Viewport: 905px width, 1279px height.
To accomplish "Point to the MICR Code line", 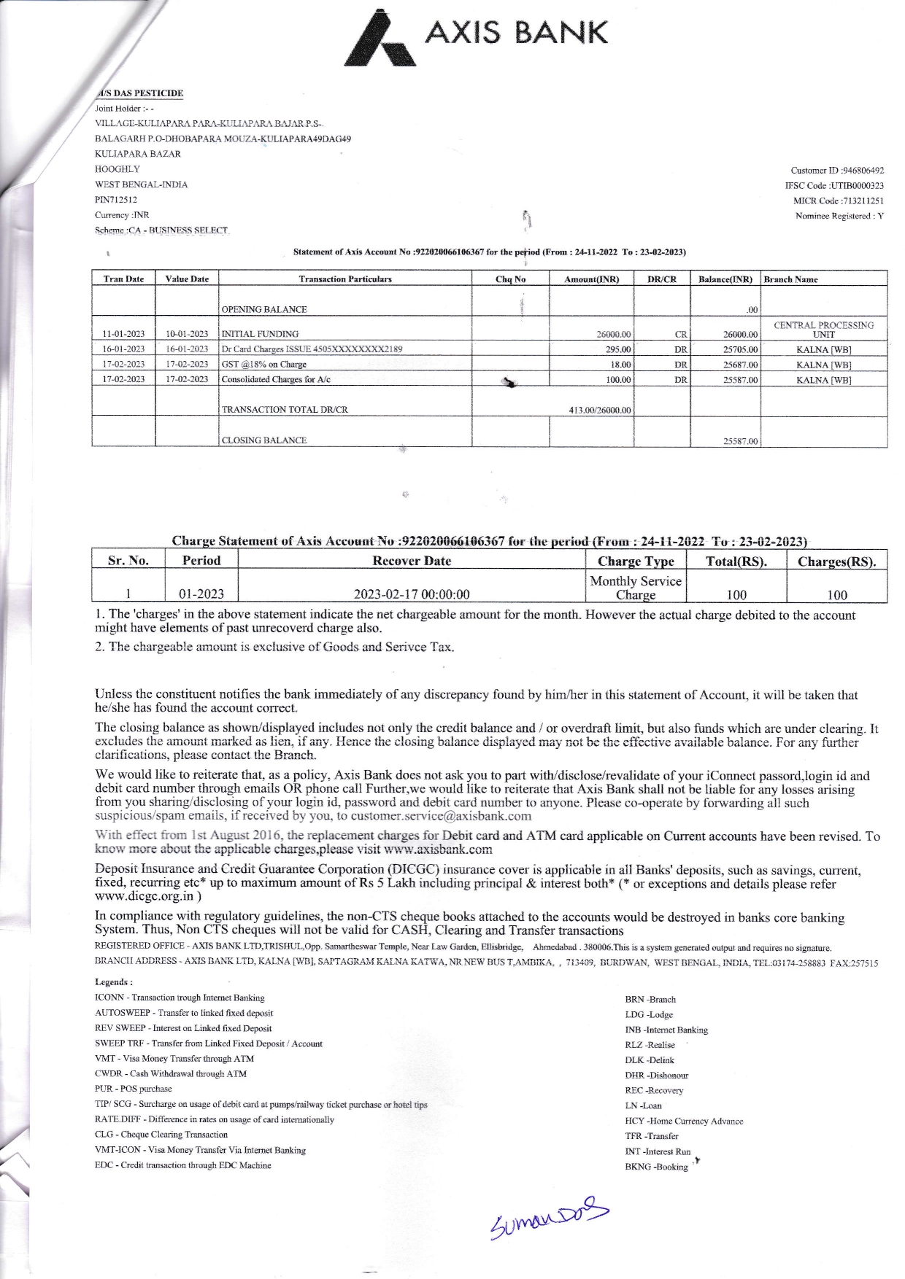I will tap(839, 201).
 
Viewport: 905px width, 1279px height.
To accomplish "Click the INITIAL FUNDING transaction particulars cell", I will tap(260, 334).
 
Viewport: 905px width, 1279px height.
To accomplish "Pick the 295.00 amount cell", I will tap(619, 349).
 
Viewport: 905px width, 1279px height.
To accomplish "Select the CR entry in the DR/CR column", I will tap(680, 335).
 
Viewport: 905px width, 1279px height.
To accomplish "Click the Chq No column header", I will tap(510, 279).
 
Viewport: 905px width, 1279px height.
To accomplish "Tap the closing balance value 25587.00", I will tap(740, 441).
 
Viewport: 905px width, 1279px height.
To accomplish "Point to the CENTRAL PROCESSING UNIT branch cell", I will tap(823, 329).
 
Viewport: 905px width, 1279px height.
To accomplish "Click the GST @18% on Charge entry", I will tap(264, 365).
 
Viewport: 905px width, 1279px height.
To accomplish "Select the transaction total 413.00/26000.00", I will tap(600, 411).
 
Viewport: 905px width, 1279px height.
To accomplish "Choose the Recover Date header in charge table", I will tap(412, 561).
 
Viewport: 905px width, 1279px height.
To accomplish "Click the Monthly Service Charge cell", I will tap(635, 587).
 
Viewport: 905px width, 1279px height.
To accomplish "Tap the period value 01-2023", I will tap(201, 594).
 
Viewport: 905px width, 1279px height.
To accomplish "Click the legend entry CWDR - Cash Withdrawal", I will tap(171, 1074).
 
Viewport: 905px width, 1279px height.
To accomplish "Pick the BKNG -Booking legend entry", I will tap(656, 1167).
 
